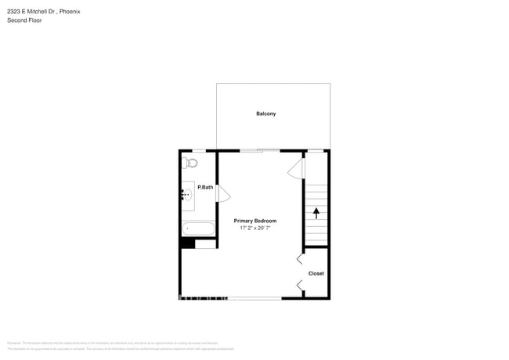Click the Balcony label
pos(265,114)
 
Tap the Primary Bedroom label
pos(255,221)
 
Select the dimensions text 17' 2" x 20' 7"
pos(255,229)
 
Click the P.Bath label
pos(205,187)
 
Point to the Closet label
pos(316,273)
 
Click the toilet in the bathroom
pos(190,163)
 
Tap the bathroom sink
pos(187,195)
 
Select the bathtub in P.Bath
pos(198,229)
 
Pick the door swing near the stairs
pos(295,169)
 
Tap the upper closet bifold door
pos(300,258)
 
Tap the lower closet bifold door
pos(300,286)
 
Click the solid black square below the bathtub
pos(187,243)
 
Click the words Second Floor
pos(24,20)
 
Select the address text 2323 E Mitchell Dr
pos(33,12)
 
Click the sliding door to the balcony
pos(260,150)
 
